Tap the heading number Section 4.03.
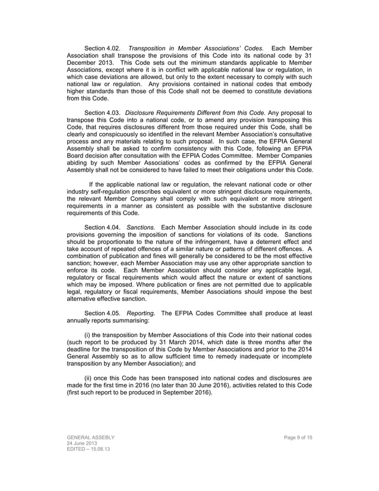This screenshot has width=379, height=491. point(103,113)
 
